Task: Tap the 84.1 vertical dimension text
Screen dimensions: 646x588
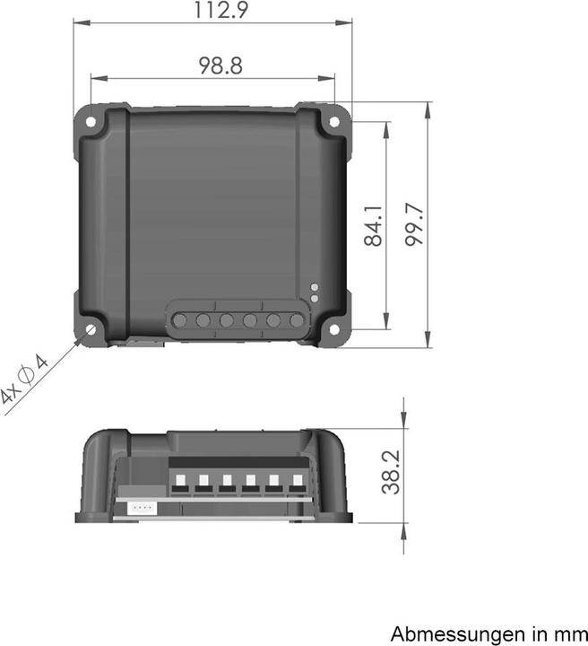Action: pos(374,226)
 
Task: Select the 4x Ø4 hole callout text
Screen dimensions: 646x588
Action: pos(24,382)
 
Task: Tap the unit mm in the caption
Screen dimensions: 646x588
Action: pos(566,633)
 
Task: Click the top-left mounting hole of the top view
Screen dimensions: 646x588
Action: pos(91,119)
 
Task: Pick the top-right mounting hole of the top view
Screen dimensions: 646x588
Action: pos(334,120)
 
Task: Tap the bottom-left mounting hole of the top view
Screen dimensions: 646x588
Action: pos(91,329)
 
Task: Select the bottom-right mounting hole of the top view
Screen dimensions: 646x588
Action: pos(333,330)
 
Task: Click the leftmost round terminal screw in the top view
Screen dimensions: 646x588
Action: pos(180,319)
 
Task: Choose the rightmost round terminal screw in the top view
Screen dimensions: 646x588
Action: pos(297,320)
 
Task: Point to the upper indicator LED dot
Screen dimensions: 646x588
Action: pos(314,288)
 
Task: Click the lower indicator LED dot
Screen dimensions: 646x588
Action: pos(314,298)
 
